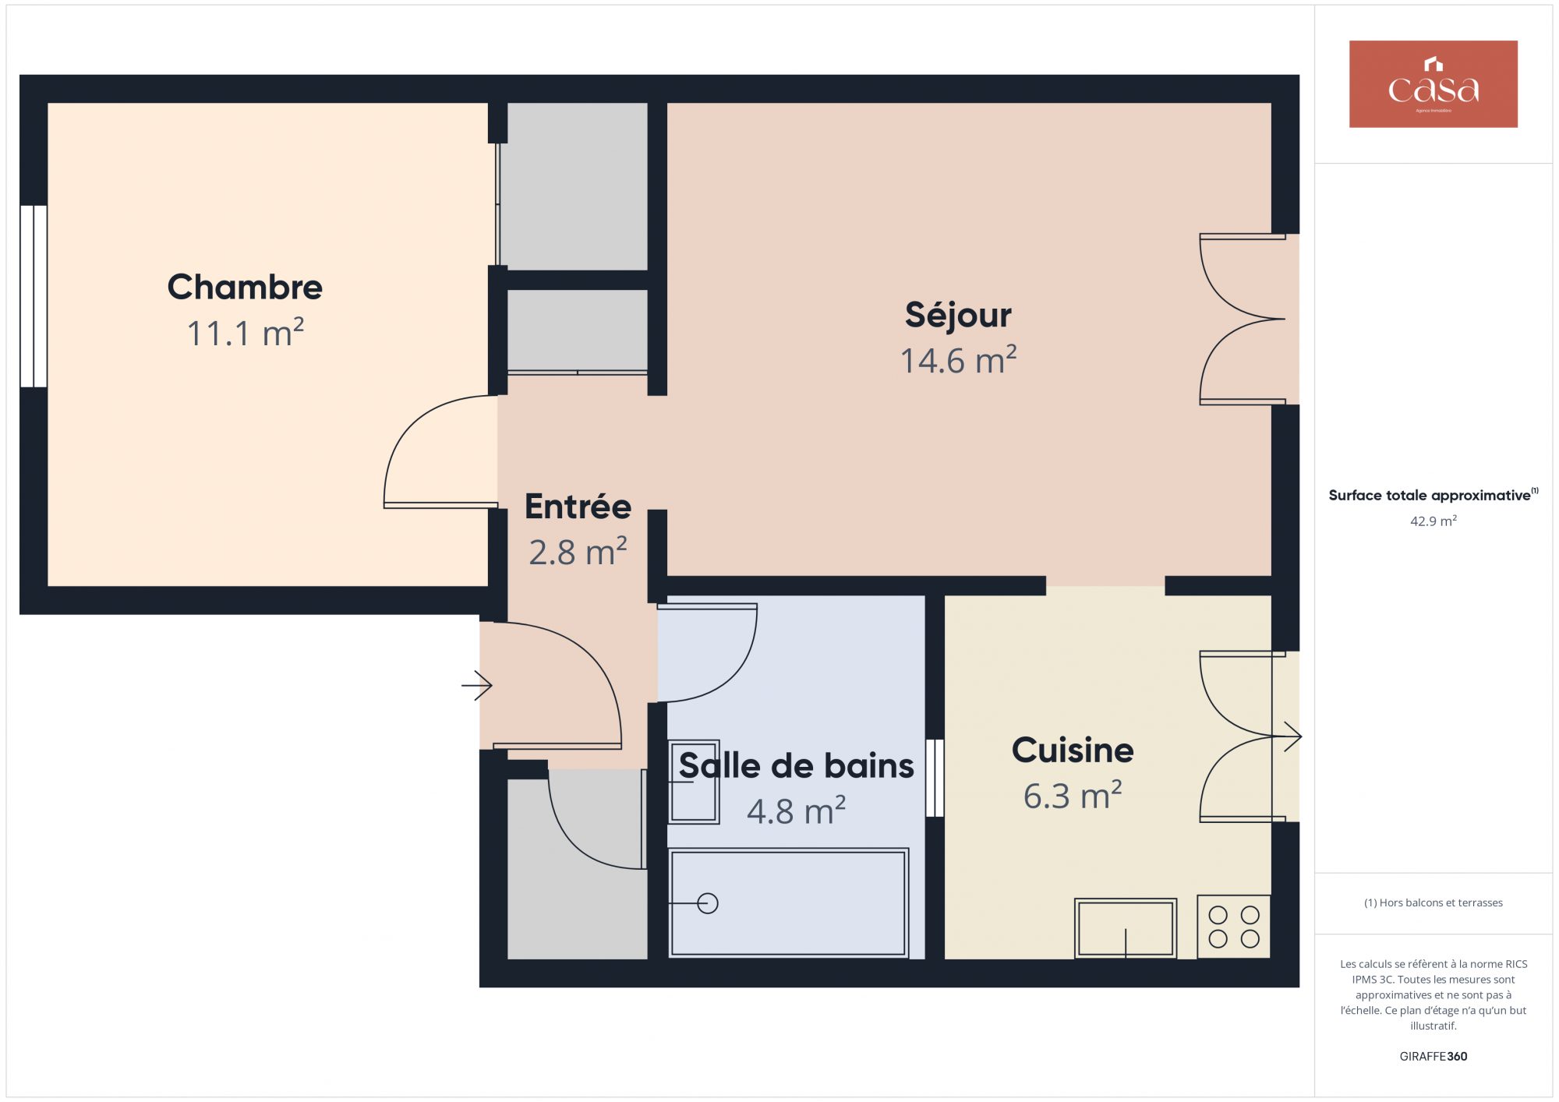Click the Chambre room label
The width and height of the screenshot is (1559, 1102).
(x=245, y=287)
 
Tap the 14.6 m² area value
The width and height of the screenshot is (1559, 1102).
(x=958, y=360)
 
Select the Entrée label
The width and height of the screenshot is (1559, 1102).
(x=578, y=507)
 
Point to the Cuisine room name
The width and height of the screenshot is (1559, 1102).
(x=1073, y=750)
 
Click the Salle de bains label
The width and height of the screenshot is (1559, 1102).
(x=796, y=765)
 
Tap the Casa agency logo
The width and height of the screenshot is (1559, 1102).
(x=1433, y=84)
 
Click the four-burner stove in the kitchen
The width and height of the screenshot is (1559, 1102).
(x=1234, y=927)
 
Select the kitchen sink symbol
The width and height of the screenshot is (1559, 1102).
(x=1125, y=928)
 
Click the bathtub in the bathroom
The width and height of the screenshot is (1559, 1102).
(x=788, y=902)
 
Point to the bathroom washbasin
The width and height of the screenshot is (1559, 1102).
(x=694, y=782)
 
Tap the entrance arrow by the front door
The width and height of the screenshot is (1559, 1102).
(x=477, y=686)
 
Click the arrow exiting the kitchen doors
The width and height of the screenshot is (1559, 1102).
(x=1287, y=736)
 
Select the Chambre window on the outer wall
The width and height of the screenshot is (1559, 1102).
(x=34, y=296)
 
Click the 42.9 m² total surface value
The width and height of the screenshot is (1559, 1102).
(x=1433, y=521)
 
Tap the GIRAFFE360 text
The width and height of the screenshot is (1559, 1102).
(x=1433, y=1057)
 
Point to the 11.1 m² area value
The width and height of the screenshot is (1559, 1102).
(x=245, y=333)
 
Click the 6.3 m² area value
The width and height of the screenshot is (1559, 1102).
(x=1073, y=796)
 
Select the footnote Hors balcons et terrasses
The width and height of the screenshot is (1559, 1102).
(x=1433, y=902)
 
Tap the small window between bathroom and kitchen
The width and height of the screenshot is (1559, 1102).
(x=935, y=778)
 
